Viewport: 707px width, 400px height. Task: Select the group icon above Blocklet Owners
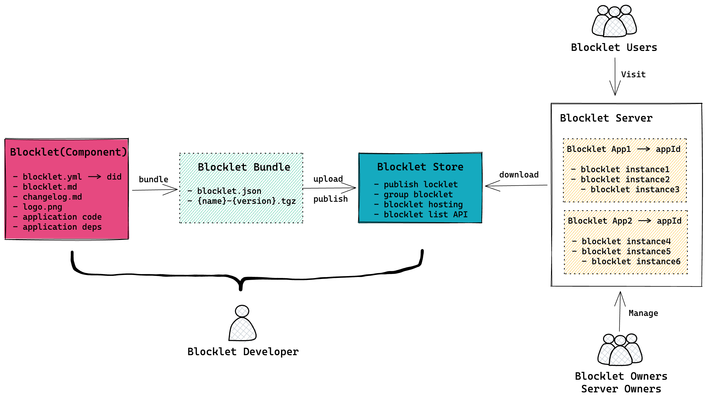point(620,350)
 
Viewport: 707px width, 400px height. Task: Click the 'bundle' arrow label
point(153,179)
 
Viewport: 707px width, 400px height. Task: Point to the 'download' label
point(519,175)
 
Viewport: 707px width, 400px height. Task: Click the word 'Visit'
point(633,74)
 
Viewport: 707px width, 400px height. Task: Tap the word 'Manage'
point(643,314)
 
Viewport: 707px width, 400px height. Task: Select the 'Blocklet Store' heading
point(420,167)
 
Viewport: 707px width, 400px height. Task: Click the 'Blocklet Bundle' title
point(244,167)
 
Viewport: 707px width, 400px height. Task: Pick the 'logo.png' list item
point(42,207)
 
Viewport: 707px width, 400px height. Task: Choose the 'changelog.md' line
point(52,197)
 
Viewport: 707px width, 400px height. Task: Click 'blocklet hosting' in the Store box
point(423,204)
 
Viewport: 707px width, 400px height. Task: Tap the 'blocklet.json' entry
point(229,191)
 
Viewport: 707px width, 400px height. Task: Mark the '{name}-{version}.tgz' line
point(246,201)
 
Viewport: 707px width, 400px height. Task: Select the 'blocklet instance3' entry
point(635,190)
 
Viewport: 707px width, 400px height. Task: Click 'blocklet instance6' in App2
point(636,262)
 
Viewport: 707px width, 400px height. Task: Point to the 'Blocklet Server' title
point(606,118)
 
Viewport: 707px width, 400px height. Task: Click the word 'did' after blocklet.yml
point(114,177)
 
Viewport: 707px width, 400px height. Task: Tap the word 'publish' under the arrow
point(330,199)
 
